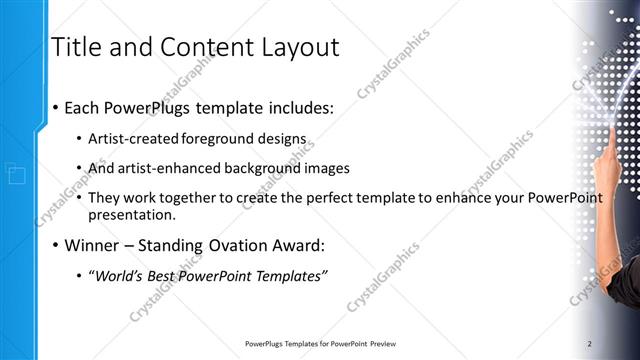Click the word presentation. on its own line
[x=132, y=214]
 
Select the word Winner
[x=92, y=245]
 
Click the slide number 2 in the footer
[x=590, y=344]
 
